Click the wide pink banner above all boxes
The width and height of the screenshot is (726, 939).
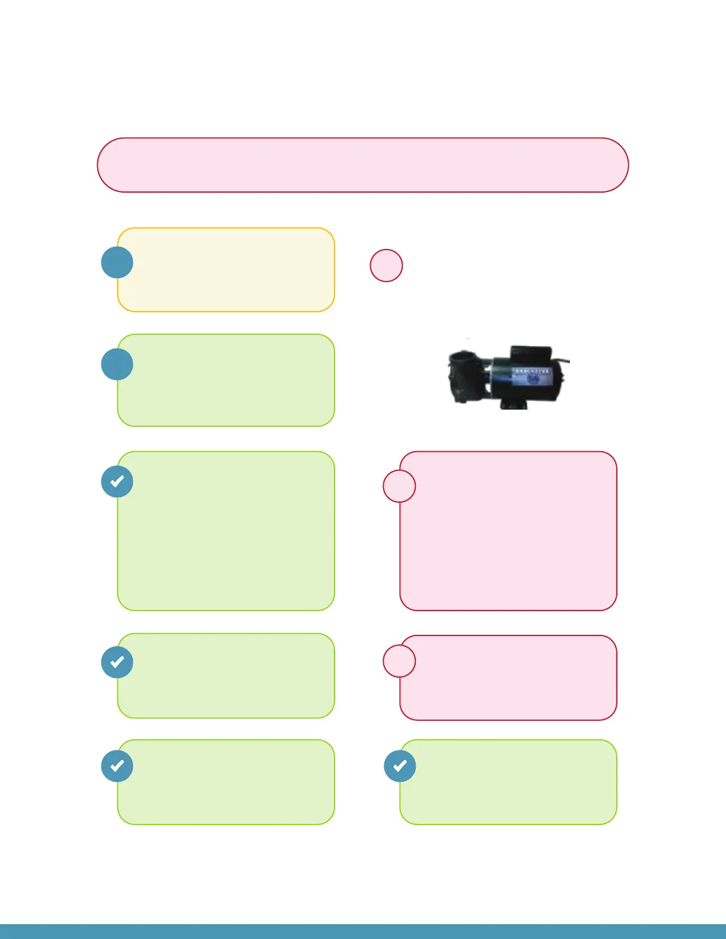pyautogui.click(x=362, y=165)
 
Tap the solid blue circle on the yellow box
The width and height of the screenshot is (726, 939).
pyautogui.click(x=117, y=263)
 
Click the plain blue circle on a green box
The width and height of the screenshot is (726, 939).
pyautogui.click(x=117, y=364)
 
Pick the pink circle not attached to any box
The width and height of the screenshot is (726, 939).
pyautogui.click(x=386, y=266)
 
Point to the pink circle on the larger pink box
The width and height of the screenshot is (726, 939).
pyautogui.click(x=399, y=486)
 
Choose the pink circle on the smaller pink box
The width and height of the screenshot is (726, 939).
pyautogui.click(x=399, y=661)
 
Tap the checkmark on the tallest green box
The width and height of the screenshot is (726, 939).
pyautogui.click(x=117, y=481)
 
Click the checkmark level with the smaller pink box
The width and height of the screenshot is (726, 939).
pyautogui.click(x=117, y=662)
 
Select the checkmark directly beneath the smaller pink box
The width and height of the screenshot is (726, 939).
pyautogui.click(x=400, y=766)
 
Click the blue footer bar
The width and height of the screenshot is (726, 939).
pyautogui.click(x=362, y=931)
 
